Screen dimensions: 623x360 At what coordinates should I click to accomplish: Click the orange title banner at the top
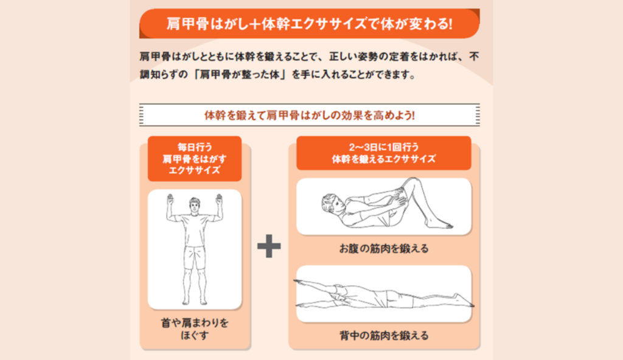click(x=309, y=24)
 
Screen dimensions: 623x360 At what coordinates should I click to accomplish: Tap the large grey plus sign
click(x=269, y=246)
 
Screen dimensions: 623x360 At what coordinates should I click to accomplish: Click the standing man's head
click(x=194, y=205)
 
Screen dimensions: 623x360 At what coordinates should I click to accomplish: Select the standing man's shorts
click(x=195, y=257)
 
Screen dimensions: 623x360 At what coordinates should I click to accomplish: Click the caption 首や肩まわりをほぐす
click(x=195, y=329)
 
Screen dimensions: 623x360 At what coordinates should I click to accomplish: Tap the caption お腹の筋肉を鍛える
click(x=384, y=249)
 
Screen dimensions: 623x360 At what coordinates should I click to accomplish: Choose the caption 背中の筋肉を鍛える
click(x=384, y=336)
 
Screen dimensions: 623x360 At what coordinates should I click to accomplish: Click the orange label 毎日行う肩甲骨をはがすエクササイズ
click(x=195, y=159)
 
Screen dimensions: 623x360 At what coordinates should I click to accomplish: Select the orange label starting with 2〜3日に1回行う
click(x=384, y=153)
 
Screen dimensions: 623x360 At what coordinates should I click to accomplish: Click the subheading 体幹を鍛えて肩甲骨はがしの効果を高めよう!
click(x=310, y=115)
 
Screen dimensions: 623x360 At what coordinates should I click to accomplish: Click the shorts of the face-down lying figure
click(x=342, y=295)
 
